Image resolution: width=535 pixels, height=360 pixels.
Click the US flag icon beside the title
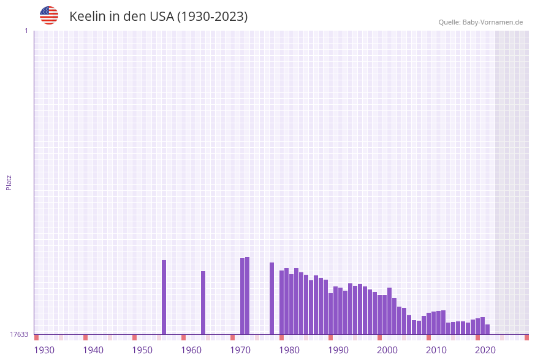tap(49, 15)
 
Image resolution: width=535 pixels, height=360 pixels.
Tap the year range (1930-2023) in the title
tap(212, 17)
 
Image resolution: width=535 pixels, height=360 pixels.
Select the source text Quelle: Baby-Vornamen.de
tap(480, 22)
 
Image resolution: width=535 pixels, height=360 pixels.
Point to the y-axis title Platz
tap(9, 182)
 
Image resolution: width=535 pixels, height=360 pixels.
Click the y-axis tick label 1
tap(26, 31)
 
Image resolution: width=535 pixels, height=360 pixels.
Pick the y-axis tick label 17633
tap(19, 334)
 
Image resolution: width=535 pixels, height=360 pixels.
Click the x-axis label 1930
tap(44, 350)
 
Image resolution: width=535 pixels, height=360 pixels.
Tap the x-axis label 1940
tap(93, 350)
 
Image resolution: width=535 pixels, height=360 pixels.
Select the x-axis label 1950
tap(142, 350)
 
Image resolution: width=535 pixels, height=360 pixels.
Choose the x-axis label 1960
tap(191, 350)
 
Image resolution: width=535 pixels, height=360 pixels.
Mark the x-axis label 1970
tap(240, 350)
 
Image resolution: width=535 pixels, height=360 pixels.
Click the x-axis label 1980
tap(289, 350)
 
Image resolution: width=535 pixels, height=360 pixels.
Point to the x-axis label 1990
tap(338, 350)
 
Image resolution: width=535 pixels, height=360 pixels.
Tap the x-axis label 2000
tap(387, 350)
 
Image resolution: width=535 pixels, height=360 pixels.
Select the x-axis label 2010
tap(436, 350)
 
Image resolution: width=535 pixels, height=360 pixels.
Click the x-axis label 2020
tap(485, 350)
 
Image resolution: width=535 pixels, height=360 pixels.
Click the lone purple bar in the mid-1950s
tap(164, 297)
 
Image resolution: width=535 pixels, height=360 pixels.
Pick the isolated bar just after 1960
tap(203, 303)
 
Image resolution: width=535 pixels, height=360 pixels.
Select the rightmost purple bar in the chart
tap(488, 329)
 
